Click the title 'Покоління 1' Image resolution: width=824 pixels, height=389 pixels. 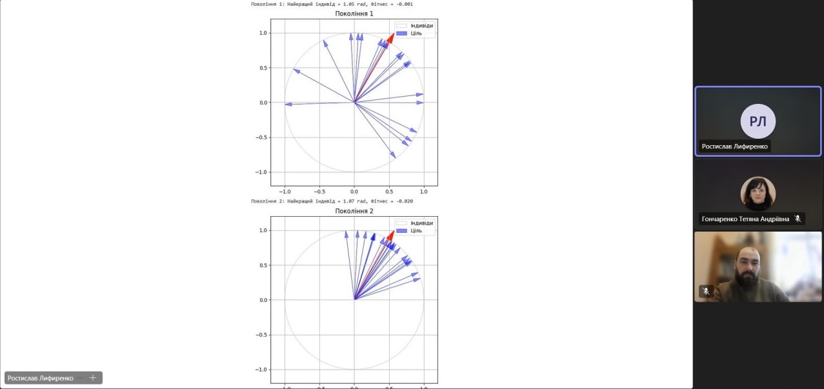[x=354, y=14]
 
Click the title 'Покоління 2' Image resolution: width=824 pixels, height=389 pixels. [x=354, y=211]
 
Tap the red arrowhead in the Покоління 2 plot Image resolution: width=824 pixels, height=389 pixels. [x=390, y=235]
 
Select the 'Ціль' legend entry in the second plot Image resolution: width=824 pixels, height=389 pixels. [x=414, y=230]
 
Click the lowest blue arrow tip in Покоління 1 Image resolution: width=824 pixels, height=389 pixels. [x=394, y=155]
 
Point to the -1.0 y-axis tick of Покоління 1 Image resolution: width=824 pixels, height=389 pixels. [x=263, y=172]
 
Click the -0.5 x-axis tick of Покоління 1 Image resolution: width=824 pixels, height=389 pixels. [x=319, y=192]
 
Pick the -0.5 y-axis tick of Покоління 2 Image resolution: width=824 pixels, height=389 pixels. [x=263, y=335]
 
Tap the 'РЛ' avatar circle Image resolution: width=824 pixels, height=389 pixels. [x=758, y=121]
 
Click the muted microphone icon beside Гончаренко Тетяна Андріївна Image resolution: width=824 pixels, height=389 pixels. [x=798, y=219]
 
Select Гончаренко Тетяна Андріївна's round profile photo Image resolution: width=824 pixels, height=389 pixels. [x=758, y=193]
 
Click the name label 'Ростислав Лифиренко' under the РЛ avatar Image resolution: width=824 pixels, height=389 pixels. [x=734, y=146]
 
